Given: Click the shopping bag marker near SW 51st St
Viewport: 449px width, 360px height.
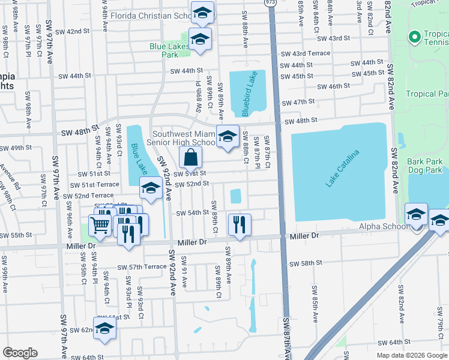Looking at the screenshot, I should (x=190, y=158).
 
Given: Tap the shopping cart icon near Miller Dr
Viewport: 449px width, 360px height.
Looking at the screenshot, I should (x=100, y=226).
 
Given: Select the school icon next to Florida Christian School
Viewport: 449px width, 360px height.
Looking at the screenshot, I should (x=203, y=12).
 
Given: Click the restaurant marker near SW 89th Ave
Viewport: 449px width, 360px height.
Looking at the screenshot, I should (x=239, y=224).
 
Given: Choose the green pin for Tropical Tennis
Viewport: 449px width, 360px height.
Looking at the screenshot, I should (x=414, y=38).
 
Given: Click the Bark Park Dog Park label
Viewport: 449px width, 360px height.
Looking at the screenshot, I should (x=424, y=166).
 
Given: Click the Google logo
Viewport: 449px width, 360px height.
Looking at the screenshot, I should (x=20, y=353).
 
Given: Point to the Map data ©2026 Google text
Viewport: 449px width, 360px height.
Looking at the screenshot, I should (x=411, y=355).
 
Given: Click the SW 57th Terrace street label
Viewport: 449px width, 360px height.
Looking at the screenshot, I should (x=142, y=267).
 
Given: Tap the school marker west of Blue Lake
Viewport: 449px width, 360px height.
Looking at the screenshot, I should (x=151, y=188).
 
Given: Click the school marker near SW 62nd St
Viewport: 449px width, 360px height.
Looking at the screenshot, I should (x=104, y=328).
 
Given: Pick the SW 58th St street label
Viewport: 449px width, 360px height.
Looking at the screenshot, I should (x=306, y=263).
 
